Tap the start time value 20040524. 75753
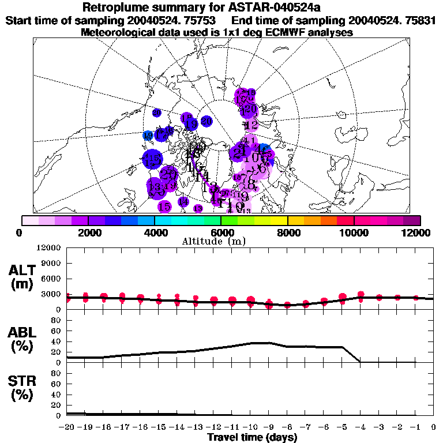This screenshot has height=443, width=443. [175, 21]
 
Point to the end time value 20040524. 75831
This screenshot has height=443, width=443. [396, 21]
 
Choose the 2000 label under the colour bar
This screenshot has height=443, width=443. [87, 233]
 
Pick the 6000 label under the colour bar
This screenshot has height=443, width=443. [221, 233]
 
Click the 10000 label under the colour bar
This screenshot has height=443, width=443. [354, 233]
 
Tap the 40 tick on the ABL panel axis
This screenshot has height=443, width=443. [57, 341]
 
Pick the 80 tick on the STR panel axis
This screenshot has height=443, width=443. [57, 373]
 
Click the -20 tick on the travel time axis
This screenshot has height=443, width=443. [66, 427]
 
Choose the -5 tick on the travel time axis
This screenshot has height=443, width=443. [342, 427]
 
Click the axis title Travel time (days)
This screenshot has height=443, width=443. [252, 437]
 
